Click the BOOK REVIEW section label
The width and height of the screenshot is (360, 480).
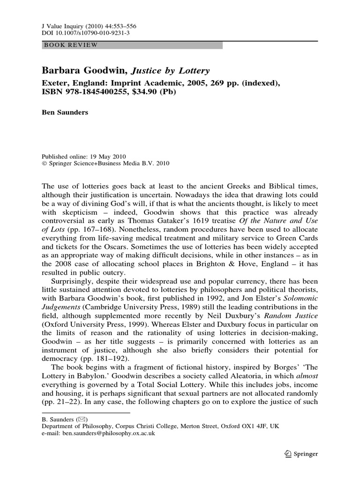pyautogui.click(x=71, y=45)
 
